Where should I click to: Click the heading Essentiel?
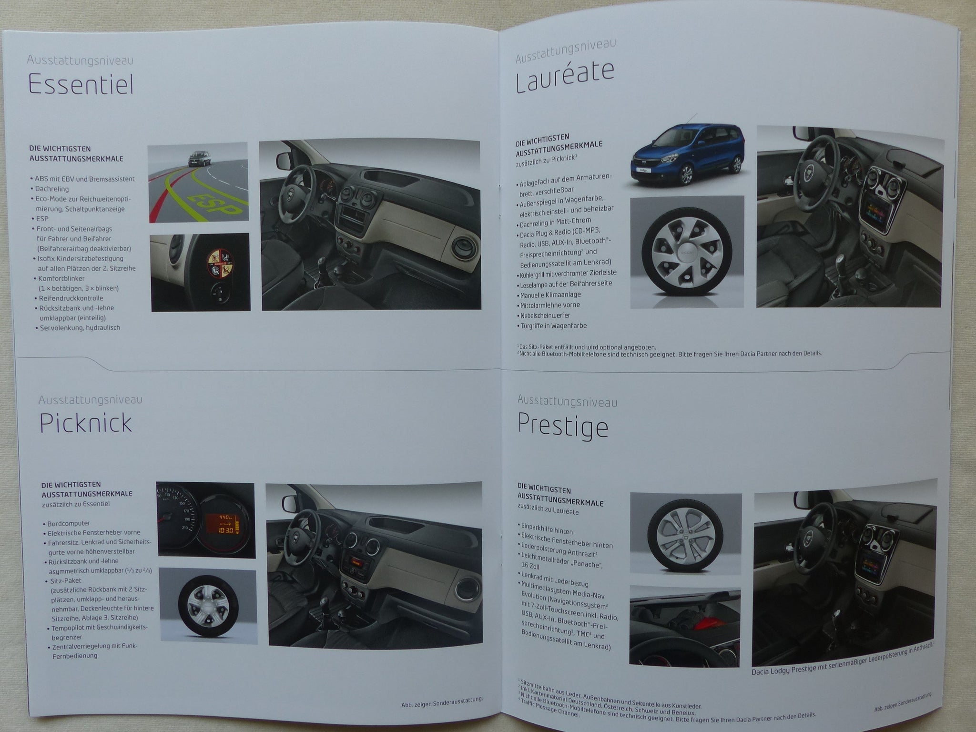click(81, 85)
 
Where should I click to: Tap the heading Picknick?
click(86, 422)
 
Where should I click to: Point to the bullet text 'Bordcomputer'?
click(69, 523)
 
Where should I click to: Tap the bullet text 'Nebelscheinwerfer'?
click(545, 315)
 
